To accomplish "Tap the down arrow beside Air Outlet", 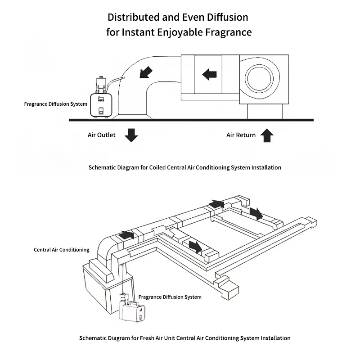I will click(x=131, y=135).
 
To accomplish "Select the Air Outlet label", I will click(x=101, y=135).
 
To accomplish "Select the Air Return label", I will click(x=241, y=135).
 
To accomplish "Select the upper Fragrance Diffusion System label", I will click(x=55, y=104).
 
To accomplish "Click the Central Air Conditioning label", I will click(x=62, y=249).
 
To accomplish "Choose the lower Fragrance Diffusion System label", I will click(x=170, y=297).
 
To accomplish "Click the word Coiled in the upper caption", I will click(x=157, y=167).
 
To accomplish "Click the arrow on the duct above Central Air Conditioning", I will click(x=127, y=234).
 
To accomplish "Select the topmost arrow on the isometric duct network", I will click(x=216, y=203).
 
